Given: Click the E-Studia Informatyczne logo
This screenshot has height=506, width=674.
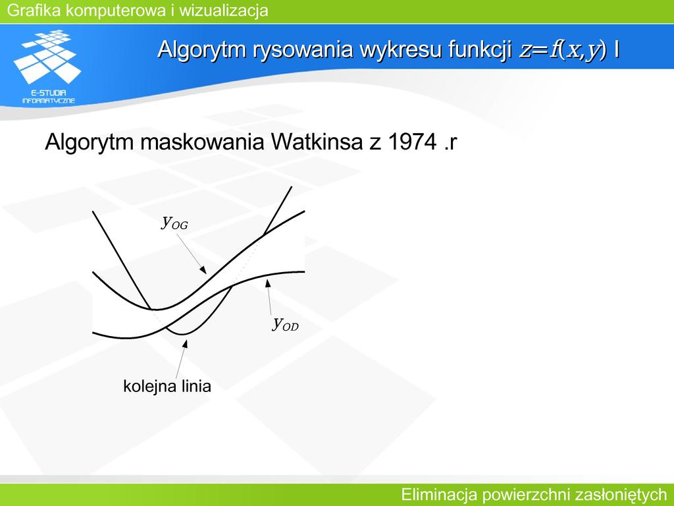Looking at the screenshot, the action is tap(47, 67).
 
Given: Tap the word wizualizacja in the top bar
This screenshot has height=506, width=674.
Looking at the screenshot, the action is tap(224, 11).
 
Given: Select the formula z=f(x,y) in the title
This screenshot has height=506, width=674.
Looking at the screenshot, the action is tap(563, 49).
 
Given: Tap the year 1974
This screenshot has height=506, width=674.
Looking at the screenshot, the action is tap(412, 142).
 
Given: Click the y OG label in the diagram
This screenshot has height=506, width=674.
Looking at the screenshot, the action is tap(174, 222).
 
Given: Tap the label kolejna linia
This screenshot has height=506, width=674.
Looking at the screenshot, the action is tap(167, 386).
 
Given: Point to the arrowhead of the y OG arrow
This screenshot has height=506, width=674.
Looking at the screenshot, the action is tap(203, 270).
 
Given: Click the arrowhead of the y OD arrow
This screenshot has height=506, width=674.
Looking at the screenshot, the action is tap(268, 283).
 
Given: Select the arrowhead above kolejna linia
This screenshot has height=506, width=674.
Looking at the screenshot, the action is tap(185, 343).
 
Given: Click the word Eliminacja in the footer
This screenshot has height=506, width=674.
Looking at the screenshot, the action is tap(439, 495).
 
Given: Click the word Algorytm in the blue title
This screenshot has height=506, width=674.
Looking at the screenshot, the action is tap(202, 49).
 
